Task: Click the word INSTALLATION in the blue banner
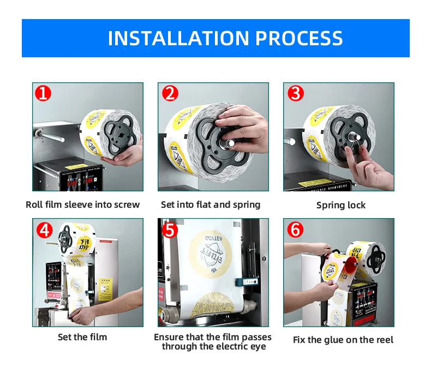point(178,38)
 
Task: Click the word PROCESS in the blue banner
point(299,38)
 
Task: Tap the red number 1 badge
point(43,93)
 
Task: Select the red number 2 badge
point(170,93)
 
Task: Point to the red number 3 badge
point(296,93)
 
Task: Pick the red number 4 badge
point(44,230)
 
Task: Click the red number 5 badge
point(170,230)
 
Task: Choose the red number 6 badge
point(296,230)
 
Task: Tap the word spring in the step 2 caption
point(247,205)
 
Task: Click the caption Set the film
point(82,337)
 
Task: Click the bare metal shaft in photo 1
point(50,136)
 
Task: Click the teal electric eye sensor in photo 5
point(247,282)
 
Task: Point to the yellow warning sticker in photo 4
point(105,289)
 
